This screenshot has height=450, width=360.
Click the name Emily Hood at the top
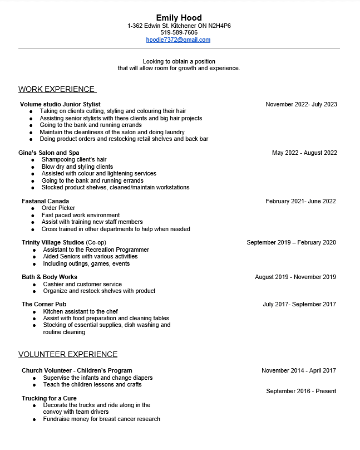179,18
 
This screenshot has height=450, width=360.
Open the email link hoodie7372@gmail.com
178,40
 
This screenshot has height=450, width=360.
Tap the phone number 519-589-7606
179,32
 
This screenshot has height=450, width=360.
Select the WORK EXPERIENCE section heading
57,89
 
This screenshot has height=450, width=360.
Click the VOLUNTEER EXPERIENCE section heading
68,354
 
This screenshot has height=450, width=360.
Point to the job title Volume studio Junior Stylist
60,104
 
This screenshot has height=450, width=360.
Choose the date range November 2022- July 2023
301,104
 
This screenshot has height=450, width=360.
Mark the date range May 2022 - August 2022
304,153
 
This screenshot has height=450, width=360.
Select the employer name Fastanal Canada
46,201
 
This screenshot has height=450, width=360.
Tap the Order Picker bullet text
58,208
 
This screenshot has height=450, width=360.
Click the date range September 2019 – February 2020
291,242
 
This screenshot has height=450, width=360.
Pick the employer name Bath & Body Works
50,277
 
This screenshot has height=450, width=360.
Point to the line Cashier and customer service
82,284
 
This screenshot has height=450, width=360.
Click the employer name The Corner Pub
44,304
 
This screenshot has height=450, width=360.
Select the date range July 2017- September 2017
299,304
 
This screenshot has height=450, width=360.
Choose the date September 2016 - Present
301,391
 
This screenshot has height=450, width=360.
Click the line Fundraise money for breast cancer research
101,419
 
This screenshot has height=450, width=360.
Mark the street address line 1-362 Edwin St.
179,26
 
